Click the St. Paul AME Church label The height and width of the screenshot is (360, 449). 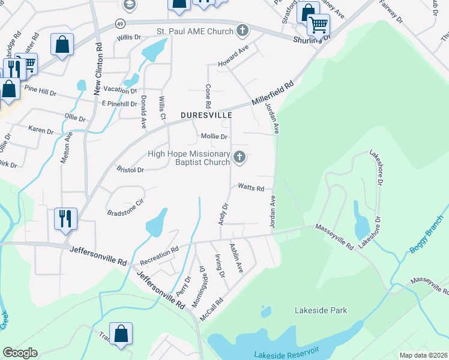pyautogui.click(x=193, y=30)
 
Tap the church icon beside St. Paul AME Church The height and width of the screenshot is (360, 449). pyautogui.click(x=242, y=30)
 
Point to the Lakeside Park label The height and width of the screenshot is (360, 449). pyautogui.click(x=321, y=310)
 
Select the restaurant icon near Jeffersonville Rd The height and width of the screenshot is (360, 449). pyautogui.click(x=65, y=218)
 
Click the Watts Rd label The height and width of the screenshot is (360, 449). pyautogui.click(x=251, y=188)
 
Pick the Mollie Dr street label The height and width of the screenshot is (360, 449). pyautogui.click(x=214, y=137)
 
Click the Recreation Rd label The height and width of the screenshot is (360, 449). pyautogui.click(x=159, y=256)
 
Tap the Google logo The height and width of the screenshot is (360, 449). pyautogui.click(x=20, y=353)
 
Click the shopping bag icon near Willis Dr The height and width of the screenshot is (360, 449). pyautogui.click(x=62, y=44)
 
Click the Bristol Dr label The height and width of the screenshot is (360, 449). pyautogui.click(x=130, y=170)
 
